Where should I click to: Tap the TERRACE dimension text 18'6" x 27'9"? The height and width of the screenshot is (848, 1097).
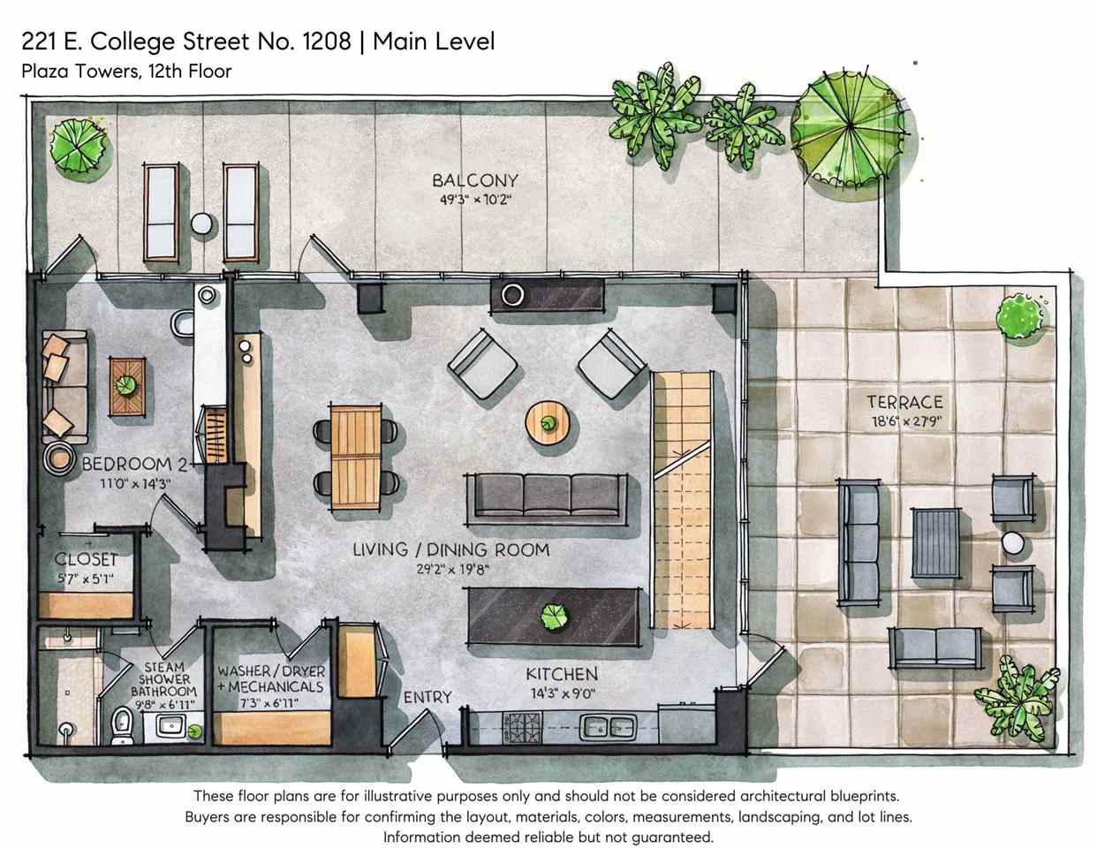[905, 421]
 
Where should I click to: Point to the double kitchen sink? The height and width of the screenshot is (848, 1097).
[609, 728]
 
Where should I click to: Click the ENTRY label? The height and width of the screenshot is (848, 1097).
[427, 697]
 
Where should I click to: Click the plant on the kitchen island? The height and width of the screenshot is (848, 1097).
[554, 617]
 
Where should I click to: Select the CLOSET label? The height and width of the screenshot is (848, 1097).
[86, 559]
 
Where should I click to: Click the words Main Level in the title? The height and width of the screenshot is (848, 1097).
[433, 41]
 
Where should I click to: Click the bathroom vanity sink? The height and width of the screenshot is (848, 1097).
[171, 728]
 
